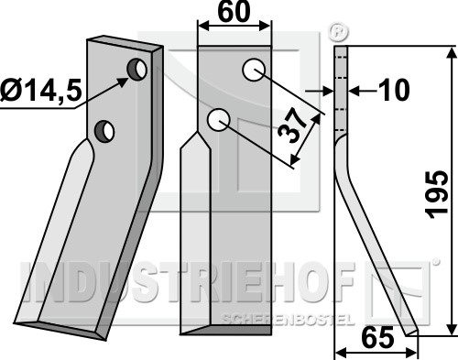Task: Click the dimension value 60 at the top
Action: pos(234,12)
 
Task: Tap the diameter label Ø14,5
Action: pos(41,91)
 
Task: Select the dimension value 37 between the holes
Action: pos(292,125)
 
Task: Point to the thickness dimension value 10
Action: pos(393,90)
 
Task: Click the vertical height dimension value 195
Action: pos(438,194)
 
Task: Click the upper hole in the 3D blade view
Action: pos(137,70)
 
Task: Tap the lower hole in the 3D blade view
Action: pos(104,131)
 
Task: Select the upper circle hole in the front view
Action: pos(253,70)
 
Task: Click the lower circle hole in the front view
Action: pos(218,120)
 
